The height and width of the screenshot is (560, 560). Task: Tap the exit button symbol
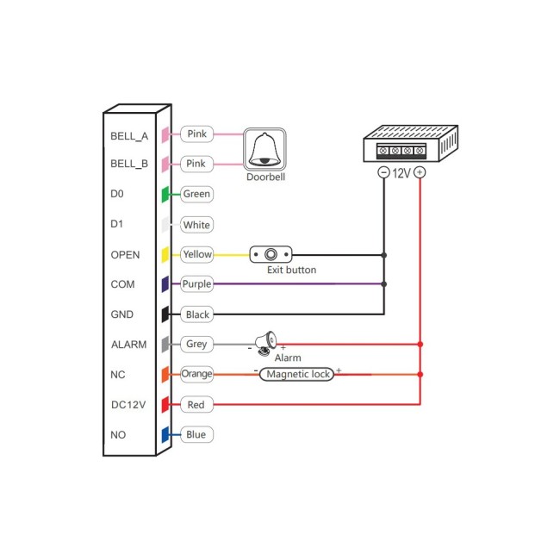tap(271, 255)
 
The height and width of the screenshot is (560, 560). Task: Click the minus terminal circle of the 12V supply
tap(383, 172)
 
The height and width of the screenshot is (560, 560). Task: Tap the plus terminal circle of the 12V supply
tap(420, 172)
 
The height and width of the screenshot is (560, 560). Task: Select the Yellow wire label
tap(197, 254)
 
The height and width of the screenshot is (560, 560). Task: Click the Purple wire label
tap(197, 284)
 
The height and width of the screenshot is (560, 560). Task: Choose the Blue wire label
tap(196, 434)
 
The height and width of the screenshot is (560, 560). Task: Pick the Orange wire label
tap(197, 374)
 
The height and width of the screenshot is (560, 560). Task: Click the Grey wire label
tap(196, 345)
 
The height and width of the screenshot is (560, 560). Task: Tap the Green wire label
tap(196, 195)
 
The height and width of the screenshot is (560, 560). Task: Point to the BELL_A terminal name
tap(129, 136)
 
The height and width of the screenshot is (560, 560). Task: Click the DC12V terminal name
tap(129, 405)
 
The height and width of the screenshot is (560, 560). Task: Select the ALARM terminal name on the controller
tap(129, 345)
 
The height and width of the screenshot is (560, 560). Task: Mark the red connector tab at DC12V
tap(165, 405)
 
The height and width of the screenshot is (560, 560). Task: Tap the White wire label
tap(196, 225)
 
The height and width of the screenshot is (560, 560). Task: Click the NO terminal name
tap(119, 435)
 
